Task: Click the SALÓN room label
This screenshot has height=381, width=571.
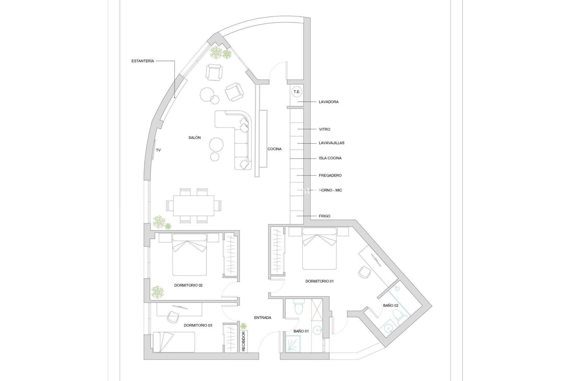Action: pyautogui.click(x=194, y=138)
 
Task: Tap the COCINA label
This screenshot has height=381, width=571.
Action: pyautogui.click(x=274, y=149)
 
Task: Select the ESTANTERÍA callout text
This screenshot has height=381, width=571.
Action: pyautogui.click(x=143, y=61)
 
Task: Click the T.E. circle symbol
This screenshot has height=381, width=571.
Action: pyautogui.click(x=297, y=92)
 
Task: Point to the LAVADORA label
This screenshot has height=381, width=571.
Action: pyautogui.click(x=329, y=102)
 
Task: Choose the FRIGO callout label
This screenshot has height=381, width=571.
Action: pyautogui.click(x=324, y=216)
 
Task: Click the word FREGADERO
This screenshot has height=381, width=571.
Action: pyautogui.click(x=330, y=175)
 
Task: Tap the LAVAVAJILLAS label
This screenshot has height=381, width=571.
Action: pyautogui.click(x=332, y=143)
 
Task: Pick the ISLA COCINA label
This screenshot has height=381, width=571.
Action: pyautogui.click(x=330, y=158)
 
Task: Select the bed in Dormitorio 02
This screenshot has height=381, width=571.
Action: pyautogui.click(x=189, y=255)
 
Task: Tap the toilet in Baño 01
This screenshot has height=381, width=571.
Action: pyautogui.click(x=298, y=307)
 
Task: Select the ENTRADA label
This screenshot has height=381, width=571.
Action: pyautogui.click(x=263, y=318)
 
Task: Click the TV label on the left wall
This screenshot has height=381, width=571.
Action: pyautogui.click(x=159, y=150)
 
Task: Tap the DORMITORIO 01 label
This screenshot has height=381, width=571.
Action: pyautogui.click(x=319, y=281)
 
